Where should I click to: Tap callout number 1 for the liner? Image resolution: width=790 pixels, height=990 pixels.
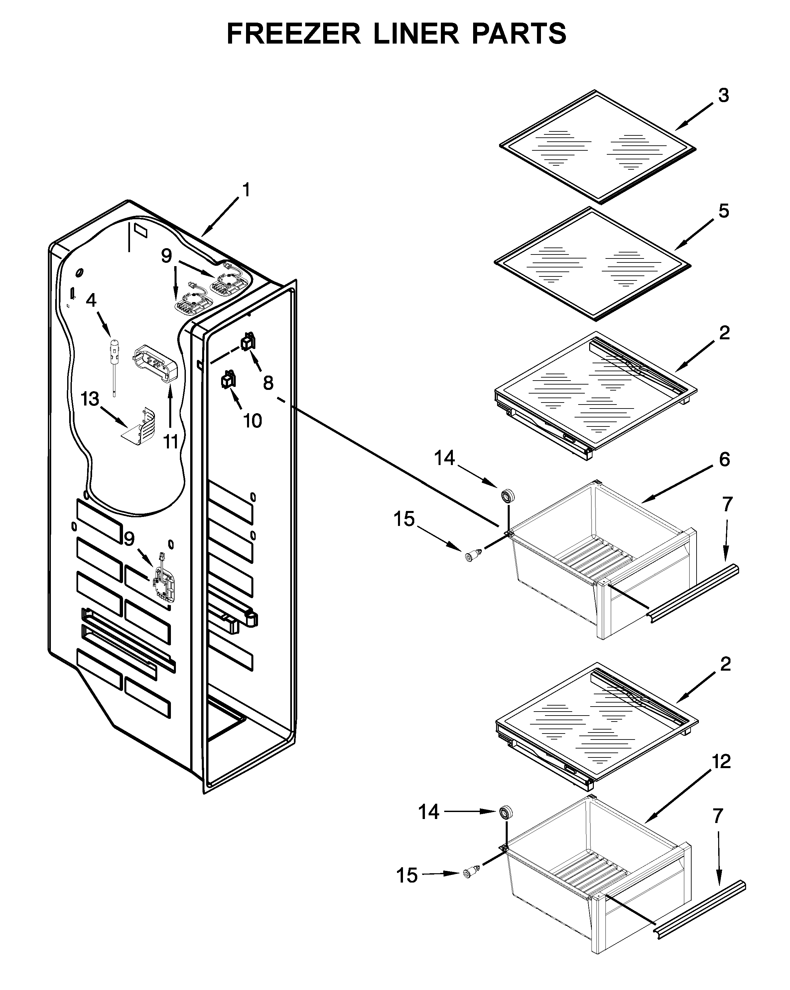tap(246, 190)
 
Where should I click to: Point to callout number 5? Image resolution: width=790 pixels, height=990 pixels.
tap(724, 211)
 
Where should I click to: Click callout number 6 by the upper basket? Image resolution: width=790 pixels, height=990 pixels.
tap(724, 459)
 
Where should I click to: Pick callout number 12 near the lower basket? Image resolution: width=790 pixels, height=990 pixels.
tap(721, 762)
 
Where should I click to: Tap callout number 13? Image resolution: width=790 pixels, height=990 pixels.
tap(90, 399)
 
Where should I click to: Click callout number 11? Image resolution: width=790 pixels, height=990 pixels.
tap(171, 442)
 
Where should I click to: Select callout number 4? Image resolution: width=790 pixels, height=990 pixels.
tap(91, 300)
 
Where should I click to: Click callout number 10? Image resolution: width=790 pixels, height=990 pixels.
tap(252, 420)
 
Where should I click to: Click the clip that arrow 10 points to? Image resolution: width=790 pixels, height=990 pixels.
tap(228, 380)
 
